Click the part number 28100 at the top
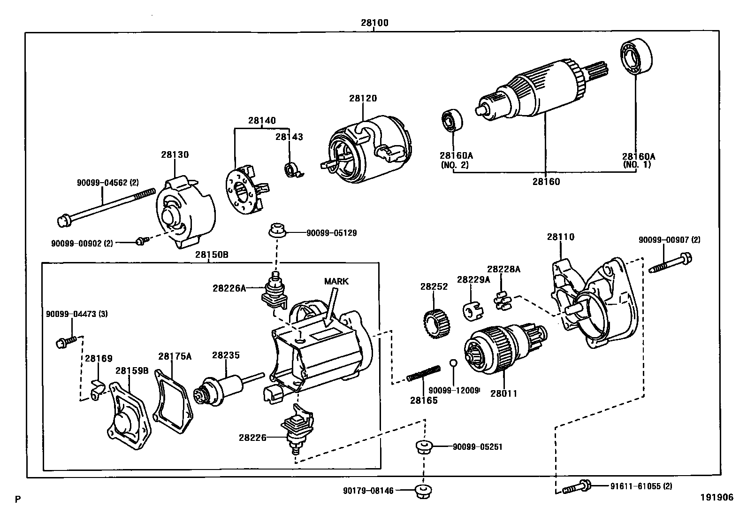[x=374, y=23]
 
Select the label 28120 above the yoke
[x=363, y=99]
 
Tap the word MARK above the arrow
[x=336, y=281]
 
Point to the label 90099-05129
[x=331, y=233]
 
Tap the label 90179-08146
[x=368, y=491]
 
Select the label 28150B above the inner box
[x=212, y=254]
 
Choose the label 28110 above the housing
[x=560, y=237]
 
